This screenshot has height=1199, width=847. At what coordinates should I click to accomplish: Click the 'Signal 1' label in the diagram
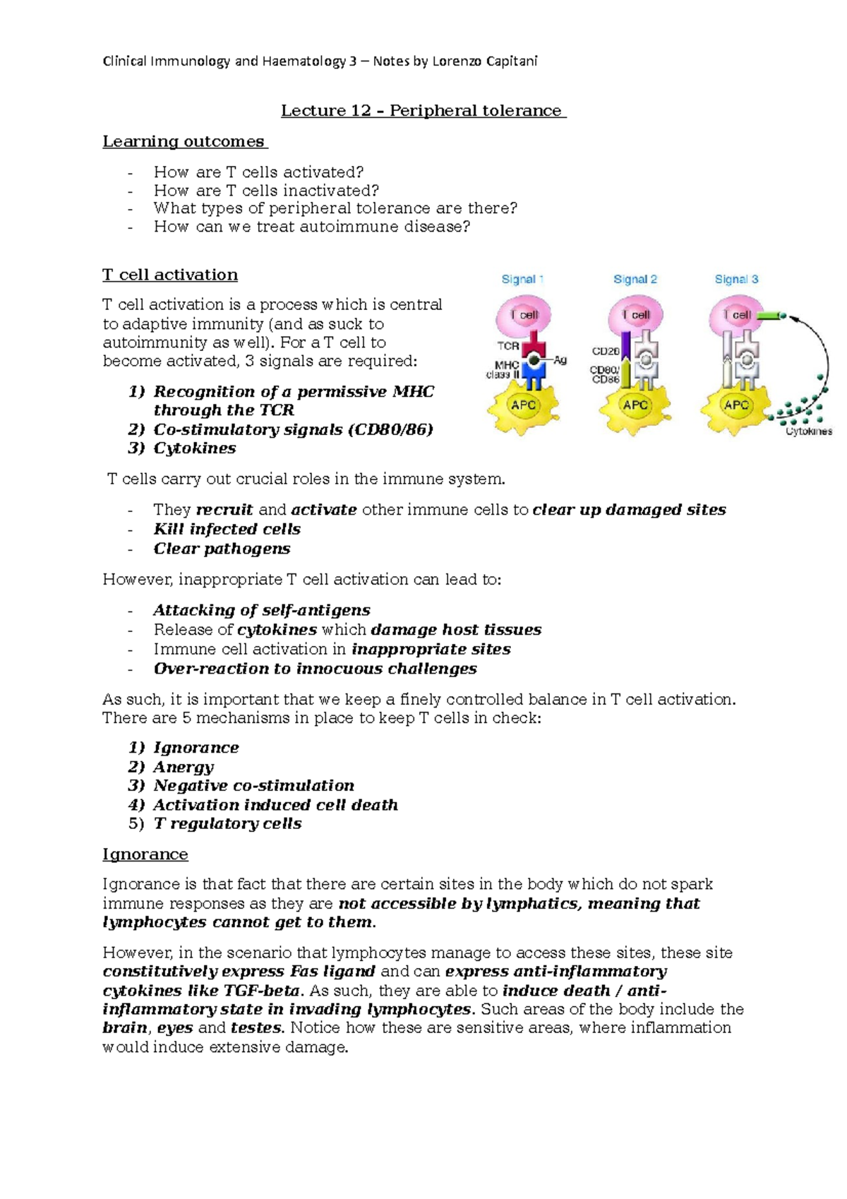(x=522, y=279)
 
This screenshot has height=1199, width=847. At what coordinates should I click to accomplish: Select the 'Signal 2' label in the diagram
(x=635, y=279)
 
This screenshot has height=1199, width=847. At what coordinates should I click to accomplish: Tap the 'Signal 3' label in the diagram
(x=736, y=279)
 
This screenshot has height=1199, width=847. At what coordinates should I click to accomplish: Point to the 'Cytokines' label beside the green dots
(x=809, y=431)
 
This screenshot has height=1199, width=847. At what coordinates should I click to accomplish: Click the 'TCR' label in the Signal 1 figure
(x=508, y=346)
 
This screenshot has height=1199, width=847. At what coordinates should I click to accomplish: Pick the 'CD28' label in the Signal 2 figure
(x=606, y=351)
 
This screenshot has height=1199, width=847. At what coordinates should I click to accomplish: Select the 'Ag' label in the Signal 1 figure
(x=560, y=360)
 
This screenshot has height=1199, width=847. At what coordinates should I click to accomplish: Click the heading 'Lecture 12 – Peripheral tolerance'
(x=423, y=111)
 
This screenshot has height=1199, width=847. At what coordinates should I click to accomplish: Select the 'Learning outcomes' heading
(x=185, y=141)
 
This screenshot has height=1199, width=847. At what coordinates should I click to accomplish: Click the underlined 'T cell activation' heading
(x=170, y=275)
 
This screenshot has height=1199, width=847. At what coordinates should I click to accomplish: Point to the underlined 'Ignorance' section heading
(x=145, y=854)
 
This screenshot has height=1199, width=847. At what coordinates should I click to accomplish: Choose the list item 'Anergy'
(x=184, y=767)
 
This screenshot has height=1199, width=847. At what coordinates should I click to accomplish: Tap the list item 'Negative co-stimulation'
(x=253, y=785)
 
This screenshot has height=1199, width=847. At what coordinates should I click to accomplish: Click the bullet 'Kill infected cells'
(x=227, y=529)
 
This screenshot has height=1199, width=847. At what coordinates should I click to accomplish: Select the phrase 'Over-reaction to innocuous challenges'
(x=315, y=668)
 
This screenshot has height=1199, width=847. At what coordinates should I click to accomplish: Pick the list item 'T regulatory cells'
(x=227, y=823)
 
